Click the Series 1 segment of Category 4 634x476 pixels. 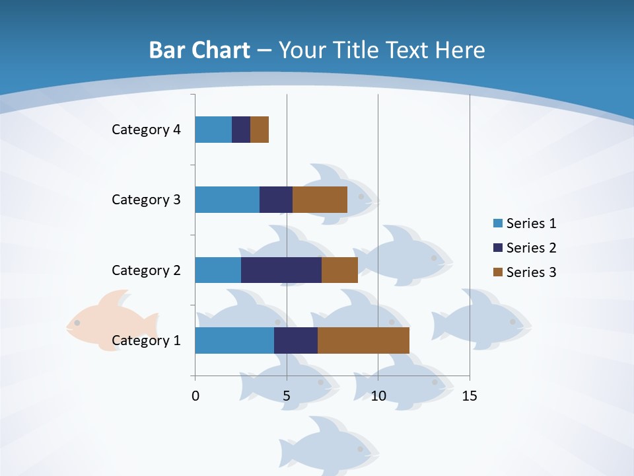(x=213, y=130)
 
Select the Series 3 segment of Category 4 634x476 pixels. (x=260, y=130)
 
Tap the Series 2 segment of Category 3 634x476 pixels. (x=276, y=200)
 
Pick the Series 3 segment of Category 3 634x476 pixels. (x=320, y=200)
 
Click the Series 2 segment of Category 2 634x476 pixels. (x=281, y=270)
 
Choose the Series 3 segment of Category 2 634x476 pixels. (x=339, y=270)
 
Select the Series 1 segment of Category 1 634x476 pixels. (x=234, y=340)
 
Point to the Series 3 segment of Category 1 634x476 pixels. (x=363, y=340)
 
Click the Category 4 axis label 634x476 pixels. (x=146, y=130)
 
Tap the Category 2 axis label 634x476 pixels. (x=146, y=270)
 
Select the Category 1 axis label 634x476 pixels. (x=146, y=340)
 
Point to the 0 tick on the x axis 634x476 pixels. (x=195, y=397)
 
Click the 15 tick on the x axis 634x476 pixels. (x=470, y=397)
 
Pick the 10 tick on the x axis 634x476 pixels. (x=378, y=397)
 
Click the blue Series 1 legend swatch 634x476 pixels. (x=497, y=223)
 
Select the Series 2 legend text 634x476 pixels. (x=531, y=248)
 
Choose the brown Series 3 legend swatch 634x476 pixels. (x=497, y=272)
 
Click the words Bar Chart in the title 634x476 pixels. (x=199, y=50)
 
